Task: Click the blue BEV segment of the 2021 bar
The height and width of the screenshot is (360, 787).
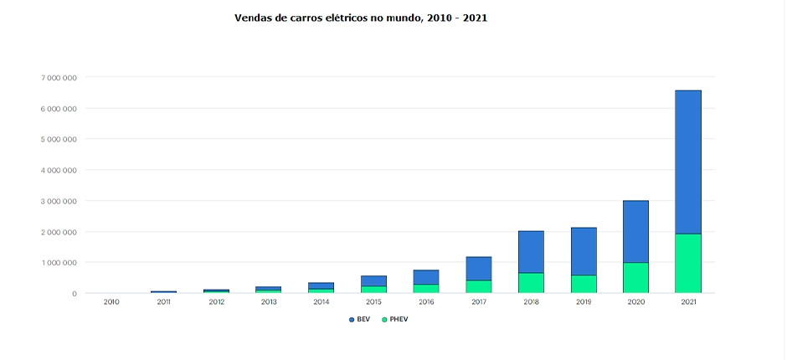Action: tap(688, 162)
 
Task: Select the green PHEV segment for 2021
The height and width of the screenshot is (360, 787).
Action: tap(688, 263)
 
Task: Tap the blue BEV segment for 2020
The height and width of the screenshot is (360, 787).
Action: tap(635, 231)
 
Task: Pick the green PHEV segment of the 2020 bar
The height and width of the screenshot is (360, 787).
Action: tap(635, 278)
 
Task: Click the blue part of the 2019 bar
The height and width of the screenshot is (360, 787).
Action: tap(584, 251)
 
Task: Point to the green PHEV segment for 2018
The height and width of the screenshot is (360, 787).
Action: tap(531, 283)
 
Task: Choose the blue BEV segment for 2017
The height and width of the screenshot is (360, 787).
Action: tap(479, 269)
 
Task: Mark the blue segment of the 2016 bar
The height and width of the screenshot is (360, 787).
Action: tap(426, 277)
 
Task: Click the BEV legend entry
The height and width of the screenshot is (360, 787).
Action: tap(359, 320)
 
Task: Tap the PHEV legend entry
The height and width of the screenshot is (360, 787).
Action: tap(394, 320)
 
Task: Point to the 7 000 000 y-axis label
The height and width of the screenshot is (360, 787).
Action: tap(59, 78)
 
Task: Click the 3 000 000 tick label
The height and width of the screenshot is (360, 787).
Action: tap(59, 201)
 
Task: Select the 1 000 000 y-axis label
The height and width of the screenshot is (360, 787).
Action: tap(59, 263)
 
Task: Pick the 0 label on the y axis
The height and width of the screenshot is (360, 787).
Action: tap(75, 294)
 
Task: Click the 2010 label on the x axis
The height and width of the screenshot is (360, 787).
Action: tap(111, 302)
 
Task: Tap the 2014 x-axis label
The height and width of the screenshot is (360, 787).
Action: tap(321, 302)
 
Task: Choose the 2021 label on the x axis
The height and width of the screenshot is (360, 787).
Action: tap(688, 302)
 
